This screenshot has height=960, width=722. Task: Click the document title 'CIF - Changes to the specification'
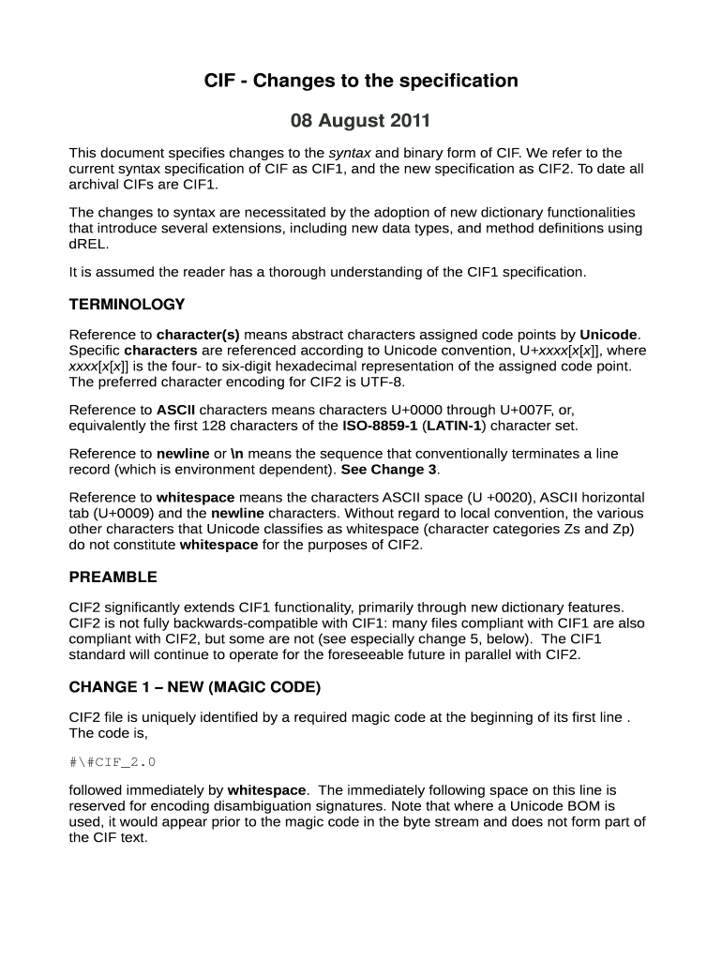click(x=361, y=81)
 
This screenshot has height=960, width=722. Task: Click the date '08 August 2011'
click(x=361, y=121)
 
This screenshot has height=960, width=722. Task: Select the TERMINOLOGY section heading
click(x=127, y=305)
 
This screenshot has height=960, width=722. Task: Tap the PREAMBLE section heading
click(x=113, y=577)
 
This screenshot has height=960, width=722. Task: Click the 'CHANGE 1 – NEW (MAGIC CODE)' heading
click(x=195, y=687)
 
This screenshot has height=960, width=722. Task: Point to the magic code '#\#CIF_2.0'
click(x=106, y=762)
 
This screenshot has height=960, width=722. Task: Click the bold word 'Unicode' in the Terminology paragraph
click(x=609, y=335)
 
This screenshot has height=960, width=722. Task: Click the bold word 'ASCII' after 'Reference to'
click(x=175, y=410)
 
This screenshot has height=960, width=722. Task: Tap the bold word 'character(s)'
click(x=198, y=335)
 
